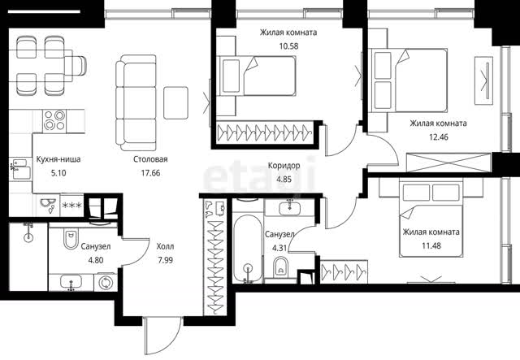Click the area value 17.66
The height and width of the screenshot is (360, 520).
click(150, 173)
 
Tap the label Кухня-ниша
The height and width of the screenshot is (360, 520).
click(58, 159)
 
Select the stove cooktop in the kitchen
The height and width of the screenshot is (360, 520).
click(54, 120)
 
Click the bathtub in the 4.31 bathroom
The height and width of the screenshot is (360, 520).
click(248, 248)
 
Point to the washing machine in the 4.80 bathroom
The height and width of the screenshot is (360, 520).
click(106, 283)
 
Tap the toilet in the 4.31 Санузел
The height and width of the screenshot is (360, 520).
click(281, 268)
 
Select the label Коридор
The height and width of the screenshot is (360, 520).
click(284, 165)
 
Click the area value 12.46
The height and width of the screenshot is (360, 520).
click(439, 137)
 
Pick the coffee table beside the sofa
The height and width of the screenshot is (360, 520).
click(175, 103)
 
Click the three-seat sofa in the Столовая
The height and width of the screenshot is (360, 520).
click(136, 103)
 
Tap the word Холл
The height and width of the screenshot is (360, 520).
click(165, 246)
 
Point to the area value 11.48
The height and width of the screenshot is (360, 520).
click(431, 246)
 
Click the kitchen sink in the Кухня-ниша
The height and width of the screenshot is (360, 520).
click(20, 170)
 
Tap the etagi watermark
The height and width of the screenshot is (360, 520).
click(259, 176)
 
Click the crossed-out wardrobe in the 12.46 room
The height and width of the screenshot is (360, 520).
click(448, 162)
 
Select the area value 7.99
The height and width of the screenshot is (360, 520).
click(165, 260)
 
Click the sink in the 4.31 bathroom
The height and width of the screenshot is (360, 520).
click(289, 208)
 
